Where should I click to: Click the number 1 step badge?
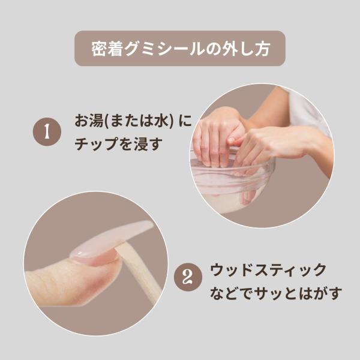click(47, 131)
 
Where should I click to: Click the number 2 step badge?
click(188, 277)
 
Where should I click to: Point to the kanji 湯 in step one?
click(97, 121)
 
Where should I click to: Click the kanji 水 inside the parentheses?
click(161, 121)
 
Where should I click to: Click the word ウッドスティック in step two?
click(268, 270)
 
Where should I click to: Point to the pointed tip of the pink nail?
click(151, 223)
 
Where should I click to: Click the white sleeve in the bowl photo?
click(308, 110)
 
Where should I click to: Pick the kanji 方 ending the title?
click(261, 49)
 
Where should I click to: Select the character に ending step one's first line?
click(185, 121)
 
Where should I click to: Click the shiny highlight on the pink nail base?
click(80, 254)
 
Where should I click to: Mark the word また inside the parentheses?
click(124, 121)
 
